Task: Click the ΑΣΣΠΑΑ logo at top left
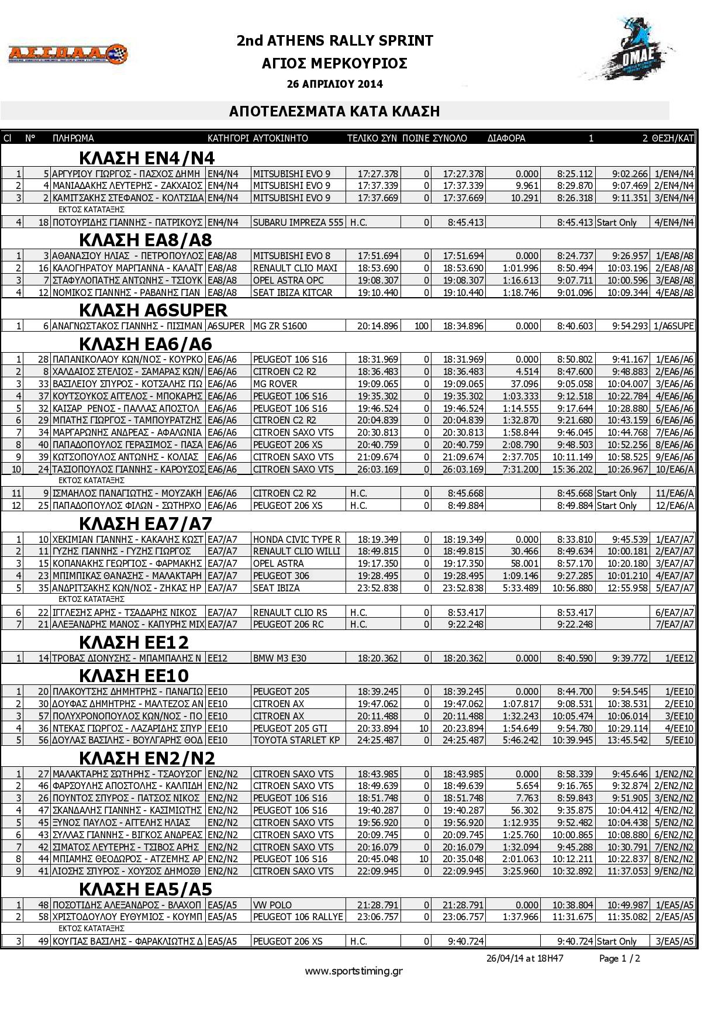[x=67, y=53]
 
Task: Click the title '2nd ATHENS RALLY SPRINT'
[x=335, y=40]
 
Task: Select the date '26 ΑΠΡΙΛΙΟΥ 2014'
[x=335, y=84]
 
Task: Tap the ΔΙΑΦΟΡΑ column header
[x=506, y=139]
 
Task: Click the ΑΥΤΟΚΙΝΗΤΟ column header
[x=281, y=139]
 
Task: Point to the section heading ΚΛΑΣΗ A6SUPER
[x=153, y=310]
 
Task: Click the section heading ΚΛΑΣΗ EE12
[x=134, y=642]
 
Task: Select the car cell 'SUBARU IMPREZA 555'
[x=298, y=222]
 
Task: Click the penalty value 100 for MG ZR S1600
[x=421, y=326]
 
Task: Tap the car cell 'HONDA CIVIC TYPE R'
[x=297, y=539]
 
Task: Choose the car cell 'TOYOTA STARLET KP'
[x=296, y=741]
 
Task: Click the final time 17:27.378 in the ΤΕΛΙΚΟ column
[x=378, y=174]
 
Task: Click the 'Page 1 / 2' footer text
[x=620, y=959]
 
